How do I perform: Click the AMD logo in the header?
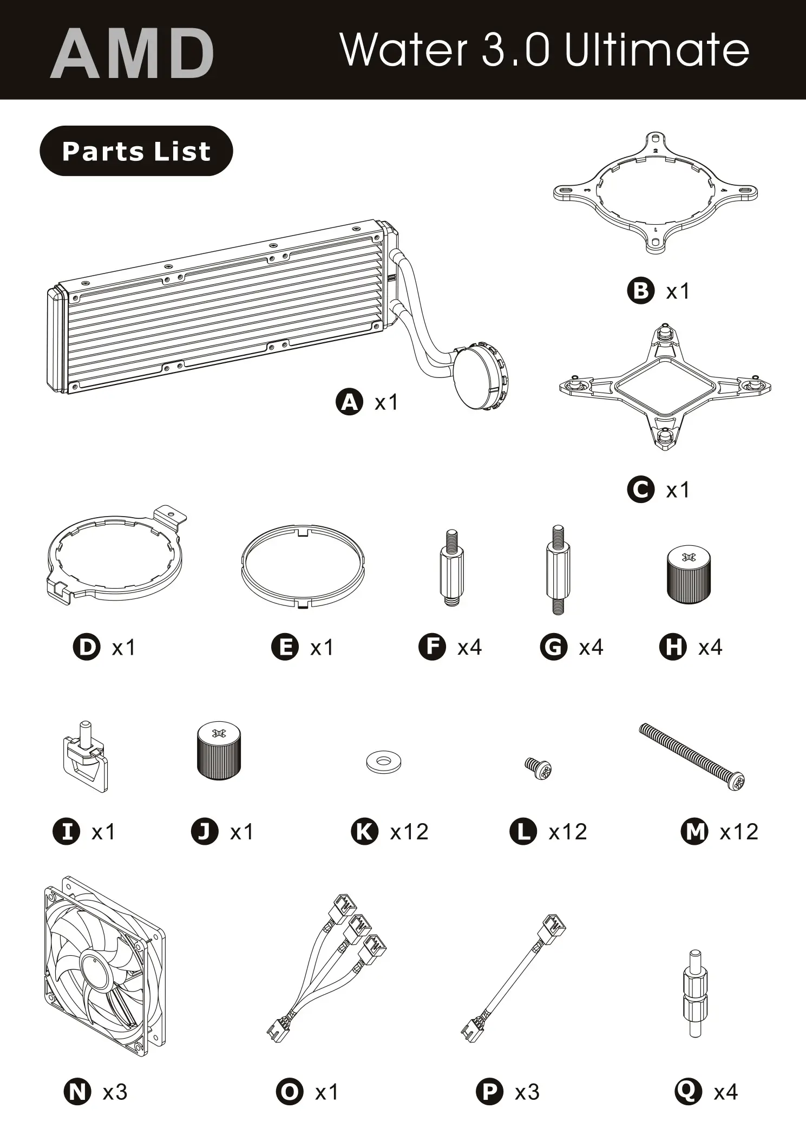tap(133, 54)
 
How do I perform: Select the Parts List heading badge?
tap(136, 151)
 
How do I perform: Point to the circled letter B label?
tap(640, 291)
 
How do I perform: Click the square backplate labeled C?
tap(665, 388)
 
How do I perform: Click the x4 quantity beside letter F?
tap(469, 647)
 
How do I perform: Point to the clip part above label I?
tap(85, 758)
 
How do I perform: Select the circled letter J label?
tap(205, 831)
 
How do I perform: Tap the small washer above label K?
tap(384, 762)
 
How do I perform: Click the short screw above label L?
tap(538, 768)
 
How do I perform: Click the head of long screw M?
tap(736, 780)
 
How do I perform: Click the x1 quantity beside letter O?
tap(327, 1092)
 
